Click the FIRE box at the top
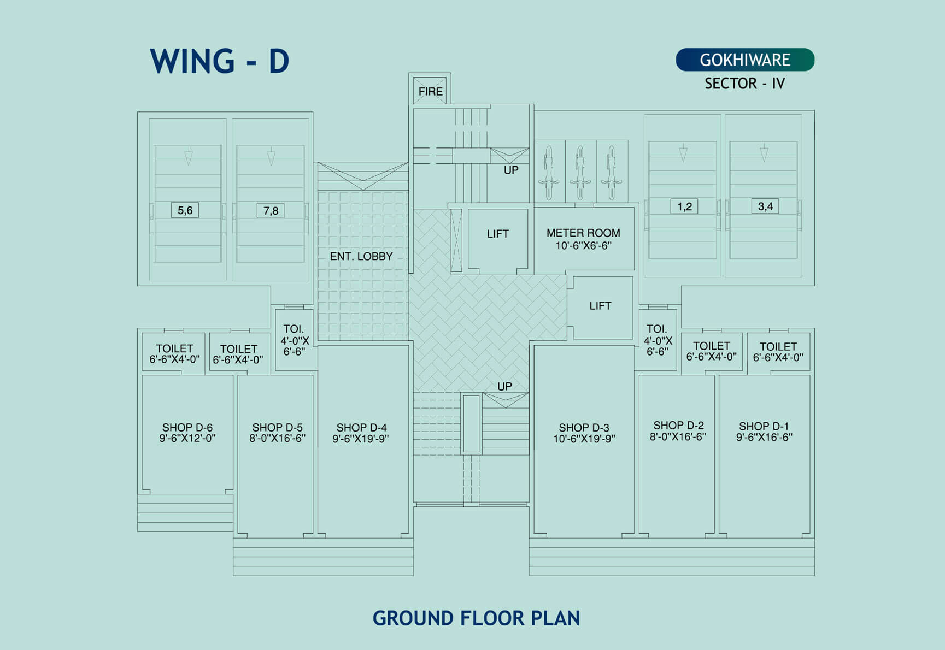pos(430,91)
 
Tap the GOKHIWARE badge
pos(745,60)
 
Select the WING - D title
pos(219,61)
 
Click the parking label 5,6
pos(185,210)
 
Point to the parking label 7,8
pos(271,211)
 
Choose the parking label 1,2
pos(684,206)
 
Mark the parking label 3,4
pos(765,206)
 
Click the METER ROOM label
pos(583,233)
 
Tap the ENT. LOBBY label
pos(361,256)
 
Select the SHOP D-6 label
pos(187,427)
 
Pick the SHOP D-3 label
pos(584,428)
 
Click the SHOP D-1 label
pos(764,426)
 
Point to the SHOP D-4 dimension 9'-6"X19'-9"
pos(361,439)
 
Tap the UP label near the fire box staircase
pos(511,170)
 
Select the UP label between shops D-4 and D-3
pos(504,386)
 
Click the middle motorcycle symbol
pos(580,171)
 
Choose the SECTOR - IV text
pos(744,84)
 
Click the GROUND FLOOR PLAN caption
pos(476,618)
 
